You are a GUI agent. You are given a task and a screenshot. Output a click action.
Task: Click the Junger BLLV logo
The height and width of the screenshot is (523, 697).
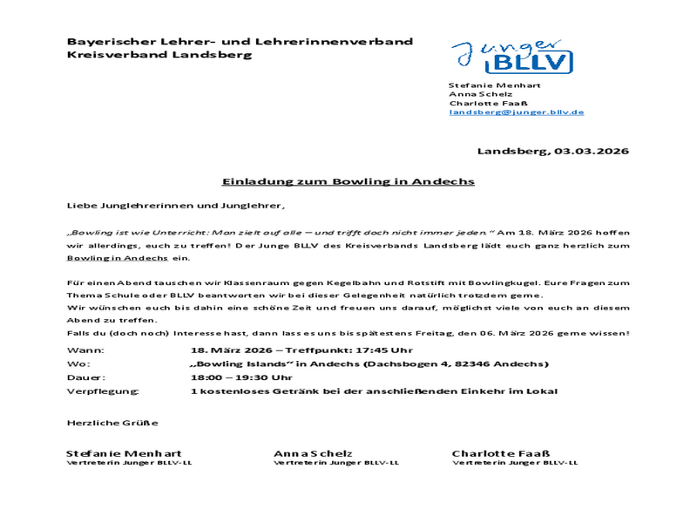click(x=511, y=57)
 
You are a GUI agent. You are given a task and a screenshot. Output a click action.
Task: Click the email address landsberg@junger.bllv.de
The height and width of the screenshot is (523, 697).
click(x=516, y=112)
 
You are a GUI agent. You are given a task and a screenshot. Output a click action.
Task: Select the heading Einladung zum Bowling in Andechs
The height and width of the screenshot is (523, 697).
click(x=348, y=181)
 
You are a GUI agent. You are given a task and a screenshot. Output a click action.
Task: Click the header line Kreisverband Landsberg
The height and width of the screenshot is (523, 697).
click(x=159, y=54)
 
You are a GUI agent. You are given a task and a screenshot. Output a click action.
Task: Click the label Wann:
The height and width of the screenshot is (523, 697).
click(x=78, y=350)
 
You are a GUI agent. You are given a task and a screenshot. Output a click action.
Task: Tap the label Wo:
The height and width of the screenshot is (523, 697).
click(x=75, y=363)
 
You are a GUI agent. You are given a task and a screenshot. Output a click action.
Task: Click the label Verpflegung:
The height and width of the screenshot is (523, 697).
click(x=96, y=391)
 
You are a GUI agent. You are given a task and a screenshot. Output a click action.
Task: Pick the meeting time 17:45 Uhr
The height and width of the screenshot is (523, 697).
click(x=374, y=350)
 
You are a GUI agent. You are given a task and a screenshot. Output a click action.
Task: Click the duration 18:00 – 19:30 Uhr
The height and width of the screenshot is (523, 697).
click(x=241, y=377)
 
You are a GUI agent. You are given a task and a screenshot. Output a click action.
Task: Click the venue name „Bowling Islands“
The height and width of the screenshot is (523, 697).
click(x=233, y=363)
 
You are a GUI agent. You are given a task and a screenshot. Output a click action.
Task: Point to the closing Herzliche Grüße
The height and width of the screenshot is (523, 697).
click(x=112, y=423)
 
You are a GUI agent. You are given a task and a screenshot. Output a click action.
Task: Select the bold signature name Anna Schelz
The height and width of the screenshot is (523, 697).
click(x=313, y=453)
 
